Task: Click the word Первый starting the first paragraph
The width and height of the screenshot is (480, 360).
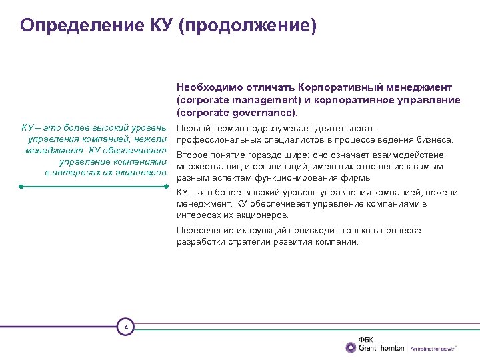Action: point(192,128)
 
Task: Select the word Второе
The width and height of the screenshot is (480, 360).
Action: point(192,155)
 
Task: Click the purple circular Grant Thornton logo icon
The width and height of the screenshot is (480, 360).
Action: point(351,347)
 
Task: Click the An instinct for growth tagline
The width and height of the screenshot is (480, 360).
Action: point(433,348)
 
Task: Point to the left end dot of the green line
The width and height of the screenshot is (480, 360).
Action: point(22,187)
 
